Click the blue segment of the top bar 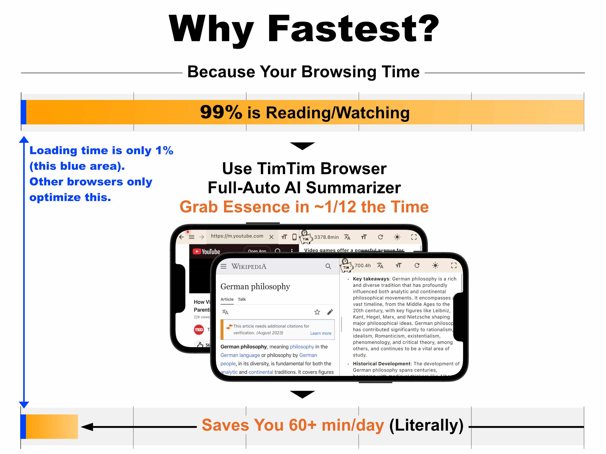24,112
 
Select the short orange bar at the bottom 52,426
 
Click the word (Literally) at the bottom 426,425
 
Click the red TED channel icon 199,330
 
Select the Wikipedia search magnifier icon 328,266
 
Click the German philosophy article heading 255,286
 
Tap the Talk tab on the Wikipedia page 242,299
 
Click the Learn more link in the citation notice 321,333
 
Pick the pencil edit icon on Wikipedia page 330,312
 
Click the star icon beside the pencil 317,312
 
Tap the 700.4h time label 362,265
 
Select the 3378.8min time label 326,237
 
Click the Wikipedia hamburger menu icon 224,266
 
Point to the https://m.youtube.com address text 237,236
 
